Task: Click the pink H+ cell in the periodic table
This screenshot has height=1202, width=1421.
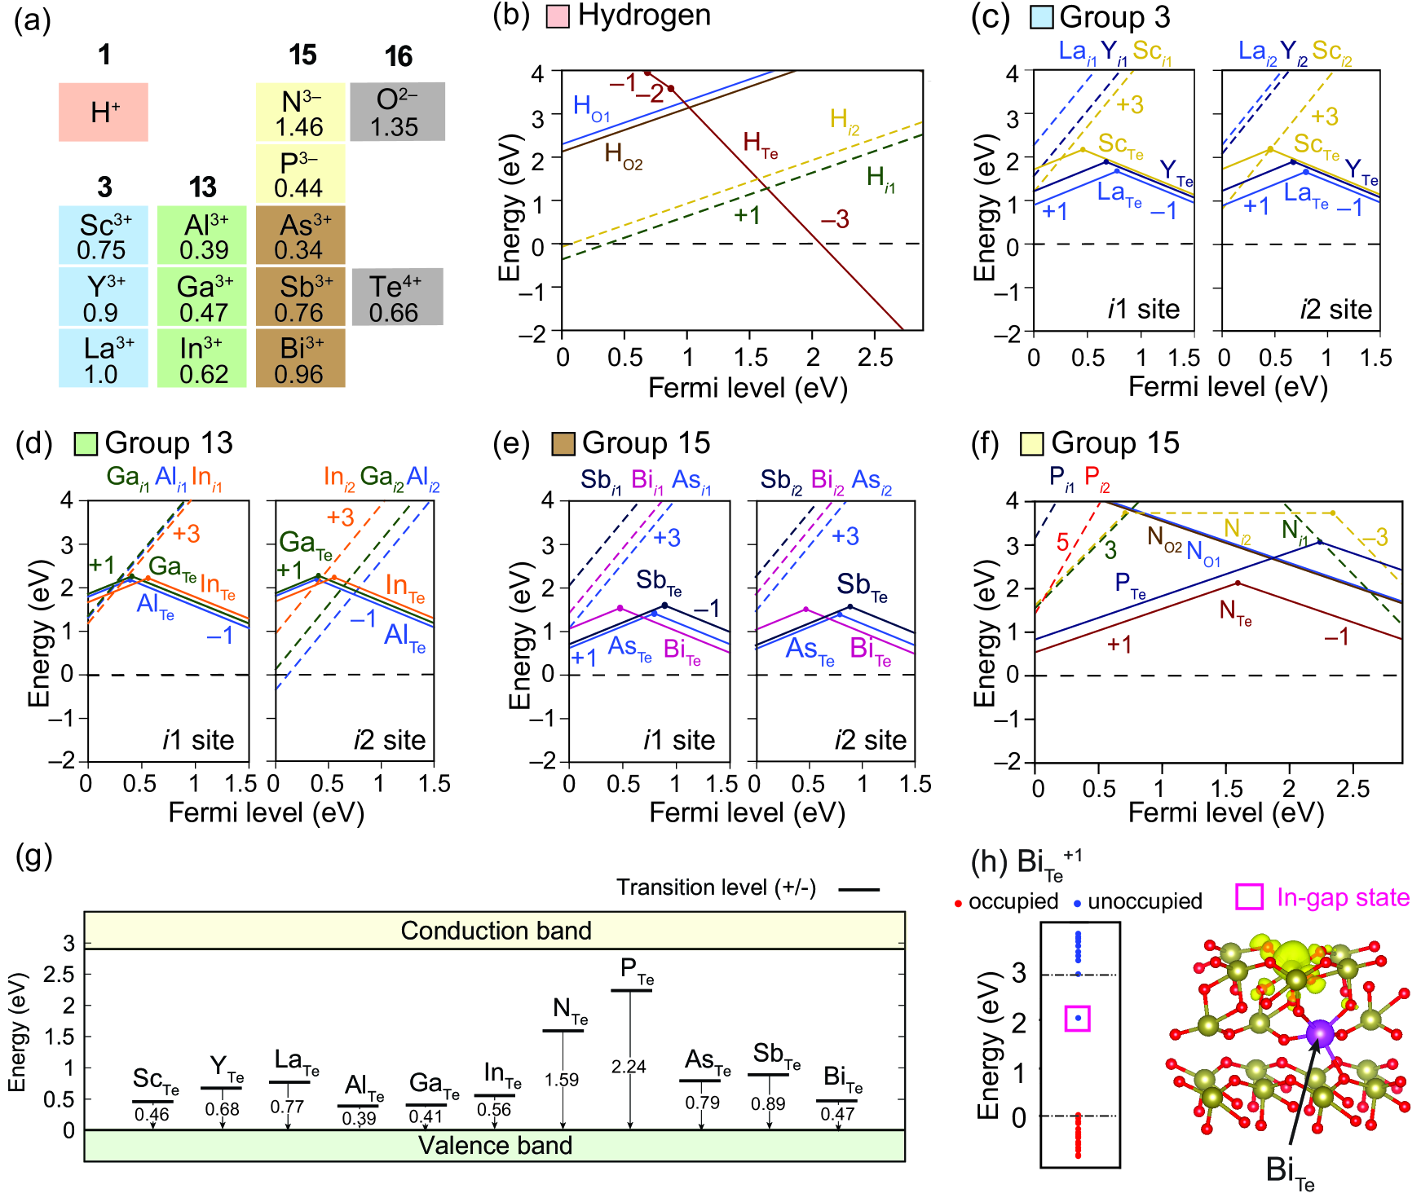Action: click(104, 112)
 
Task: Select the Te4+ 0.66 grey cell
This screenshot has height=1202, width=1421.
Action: click(397, 297)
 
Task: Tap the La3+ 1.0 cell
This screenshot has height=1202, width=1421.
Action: click(104, 359)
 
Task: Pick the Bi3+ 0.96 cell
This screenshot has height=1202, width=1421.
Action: click(301, 359)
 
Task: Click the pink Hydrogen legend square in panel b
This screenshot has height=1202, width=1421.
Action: click(558, 16)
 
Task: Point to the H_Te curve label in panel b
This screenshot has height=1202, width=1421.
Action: click(760, 145)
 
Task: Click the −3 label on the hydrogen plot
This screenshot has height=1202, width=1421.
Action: click(835, 219)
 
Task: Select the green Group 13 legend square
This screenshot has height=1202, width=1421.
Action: click(86, 443)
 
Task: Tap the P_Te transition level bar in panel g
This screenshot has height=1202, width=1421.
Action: click(631, 990)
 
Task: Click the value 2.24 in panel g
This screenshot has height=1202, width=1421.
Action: click(629, 1067)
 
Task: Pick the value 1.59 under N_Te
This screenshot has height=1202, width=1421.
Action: click(563, 1080)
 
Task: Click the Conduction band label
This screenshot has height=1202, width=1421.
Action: click(496, 931)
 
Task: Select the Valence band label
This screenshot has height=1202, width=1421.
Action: click(496, 1146)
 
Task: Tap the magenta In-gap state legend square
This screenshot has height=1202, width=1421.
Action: click(1250, 897)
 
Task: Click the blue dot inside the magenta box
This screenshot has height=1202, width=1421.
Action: click(1078, 1018)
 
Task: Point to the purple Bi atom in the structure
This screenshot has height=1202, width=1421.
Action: click(1320, 1033)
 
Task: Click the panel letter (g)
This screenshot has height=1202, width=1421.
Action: click(34, 857)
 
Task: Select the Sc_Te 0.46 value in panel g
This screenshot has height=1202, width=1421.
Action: click(152, 1115)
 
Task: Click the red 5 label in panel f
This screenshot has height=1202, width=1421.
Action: click(1062, 542)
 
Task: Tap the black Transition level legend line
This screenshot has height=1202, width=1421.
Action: click(859, 889)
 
